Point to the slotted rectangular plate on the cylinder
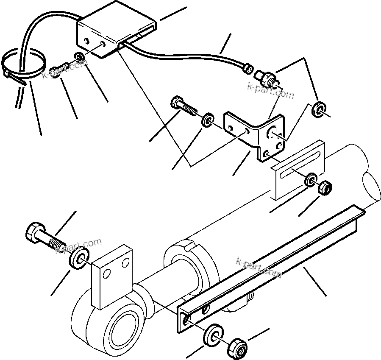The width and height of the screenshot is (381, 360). click(x=297, y=170)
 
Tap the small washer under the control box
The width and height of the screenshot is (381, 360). click(x=79, y=56)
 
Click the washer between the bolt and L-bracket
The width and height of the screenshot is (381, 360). click(x=207, y=120)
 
